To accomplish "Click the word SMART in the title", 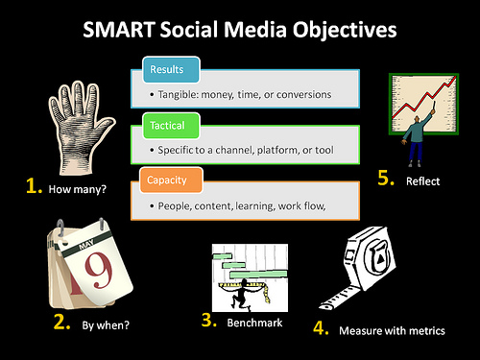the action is (x=119, y=30).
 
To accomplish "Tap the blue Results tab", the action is (x=171, y=69).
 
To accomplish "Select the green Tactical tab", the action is (x=171, y=126).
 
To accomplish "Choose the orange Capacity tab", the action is (x=171, y=180).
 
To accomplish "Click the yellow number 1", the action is (x=34, y=186).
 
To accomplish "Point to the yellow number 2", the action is (x=61, y=322).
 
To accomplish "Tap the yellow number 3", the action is (x=209, y=320).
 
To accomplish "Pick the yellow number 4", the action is (x=321, y=327).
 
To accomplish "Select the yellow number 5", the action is (x=386, y=178).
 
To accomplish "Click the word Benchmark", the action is (x=254, y=323).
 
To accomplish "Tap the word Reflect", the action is (x=422, y=181).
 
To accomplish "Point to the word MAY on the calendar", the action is (x=86, y=245).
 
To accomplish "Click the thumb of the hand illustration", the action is (x=105, y=126).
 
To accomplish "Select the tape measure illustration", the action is (x=357, y=268).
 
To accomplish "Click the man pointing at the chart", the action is (x=418, y=138).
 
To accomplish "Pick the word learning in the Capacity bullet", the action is (x=255, y=206).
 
